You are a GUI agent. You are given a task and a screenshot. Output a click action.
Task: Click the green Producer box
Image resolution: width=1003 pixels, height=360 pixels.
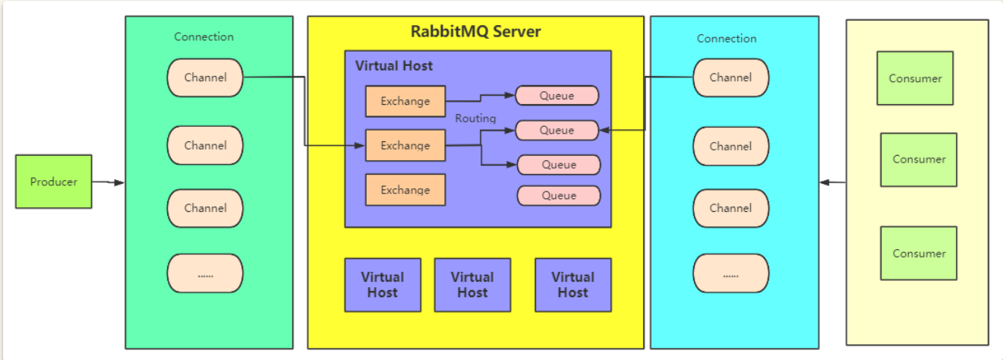[53, 182]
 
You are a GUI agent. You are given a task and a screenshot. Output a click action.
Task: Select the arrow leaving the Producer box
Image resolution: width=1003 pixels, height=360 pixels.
[108, 182]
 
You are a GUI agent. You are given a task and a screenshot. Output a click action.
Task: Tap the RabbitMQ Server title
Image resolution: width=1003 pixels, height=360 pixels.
[475, 32]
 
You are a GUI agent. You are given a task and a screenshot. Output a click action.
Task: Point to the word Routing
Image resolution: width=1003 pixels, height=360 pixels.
[475, 118]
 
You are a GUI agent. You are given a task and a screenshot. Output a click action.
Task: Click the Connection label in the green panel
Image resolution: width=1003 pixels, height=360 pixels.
[203, 36]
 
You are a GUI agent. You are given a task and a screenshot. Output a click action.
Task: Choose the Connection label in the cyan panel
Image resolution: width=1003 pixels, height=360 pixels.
[727, 38]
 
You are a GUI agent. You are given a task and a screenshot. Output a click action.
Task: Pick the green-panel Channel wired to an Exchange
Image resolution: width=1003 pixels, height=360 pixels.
[205, 77]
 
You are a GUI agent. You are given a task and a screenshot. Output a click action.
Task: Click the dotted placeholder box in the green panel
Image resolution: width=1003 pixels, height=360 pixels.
[205, 273]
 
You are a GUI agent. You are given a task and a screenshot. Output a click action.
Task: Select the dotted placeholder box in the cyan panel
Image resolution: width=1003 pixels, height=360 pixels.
[730, 274]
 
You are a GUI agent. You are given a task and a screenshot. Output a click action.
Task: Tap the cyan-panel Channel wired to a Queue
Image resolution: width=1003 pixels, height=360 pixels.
[730, 77]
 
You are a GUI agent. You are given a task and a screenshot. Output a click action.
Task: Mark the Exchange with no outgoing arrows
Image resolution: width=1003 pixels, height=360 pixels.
[405, 190]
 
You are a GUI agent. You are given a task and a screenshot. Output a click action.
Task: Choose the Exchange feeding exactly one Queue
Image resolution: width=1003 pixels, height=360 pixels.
[405, 101]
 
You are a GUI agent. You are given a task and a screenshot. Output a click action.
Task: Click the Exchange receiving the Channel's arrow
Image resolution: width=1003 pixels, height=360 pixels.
[405, 145]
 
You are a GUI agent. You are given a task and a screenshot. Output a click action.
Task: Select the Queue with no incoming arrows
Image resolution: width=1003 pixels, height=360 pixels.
[559, 195]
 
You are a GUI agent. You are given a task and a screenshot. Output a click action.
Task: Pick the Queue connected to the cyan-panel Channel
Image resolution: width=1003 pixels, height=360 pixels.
[557, 130]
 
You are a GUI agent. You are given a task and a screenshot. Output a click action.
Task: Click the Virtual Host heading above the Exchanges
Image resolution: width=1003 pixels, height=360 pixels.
[394, 66]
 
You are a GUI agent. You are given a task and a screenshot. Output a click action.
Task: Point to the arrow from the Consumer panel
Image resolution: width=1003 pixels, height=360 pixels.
[833, 182]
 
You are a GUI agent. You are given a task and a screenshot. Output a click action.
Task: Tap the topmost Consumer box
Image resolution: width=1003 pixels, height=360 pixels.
[914, 78]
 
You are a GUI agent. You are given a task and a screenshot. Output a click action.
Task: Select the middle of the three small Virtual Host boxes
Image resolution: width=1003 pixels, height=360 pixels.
[472, 285]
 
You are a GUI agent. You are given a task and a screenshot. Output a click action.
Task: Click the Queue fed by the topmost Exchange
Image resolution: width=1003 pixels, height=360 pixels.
[557, 96]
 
